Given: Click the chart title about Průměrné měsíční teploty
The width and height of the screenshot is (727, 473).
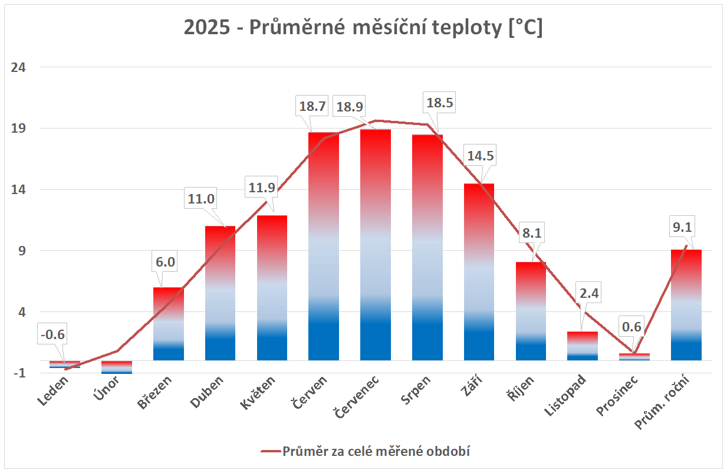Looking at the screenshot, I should [363, 28].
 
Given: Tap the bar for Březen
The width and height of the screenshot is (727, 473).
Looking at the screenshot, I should [169, 324].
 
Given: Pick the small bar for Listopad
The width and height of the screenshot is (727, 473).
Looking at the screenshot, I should [583, 346].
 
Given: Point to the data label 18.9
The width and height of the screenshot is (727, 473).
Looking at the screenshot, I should [350, 107].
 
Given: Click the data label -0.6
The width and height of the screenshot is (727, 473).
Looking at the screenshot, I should [53, 335].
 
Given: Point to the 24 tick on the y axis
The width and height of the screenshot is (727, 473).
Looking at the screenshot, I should [19, 67].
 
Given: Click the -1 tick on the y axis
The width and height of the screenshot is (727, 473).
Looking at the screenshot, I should [19, 373].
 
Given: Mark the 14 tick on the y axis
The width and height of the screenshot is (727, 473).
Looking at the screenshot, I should [19, 190].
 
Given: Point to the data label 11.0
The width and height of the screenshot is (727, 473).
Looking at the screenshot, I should [201, 199].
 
